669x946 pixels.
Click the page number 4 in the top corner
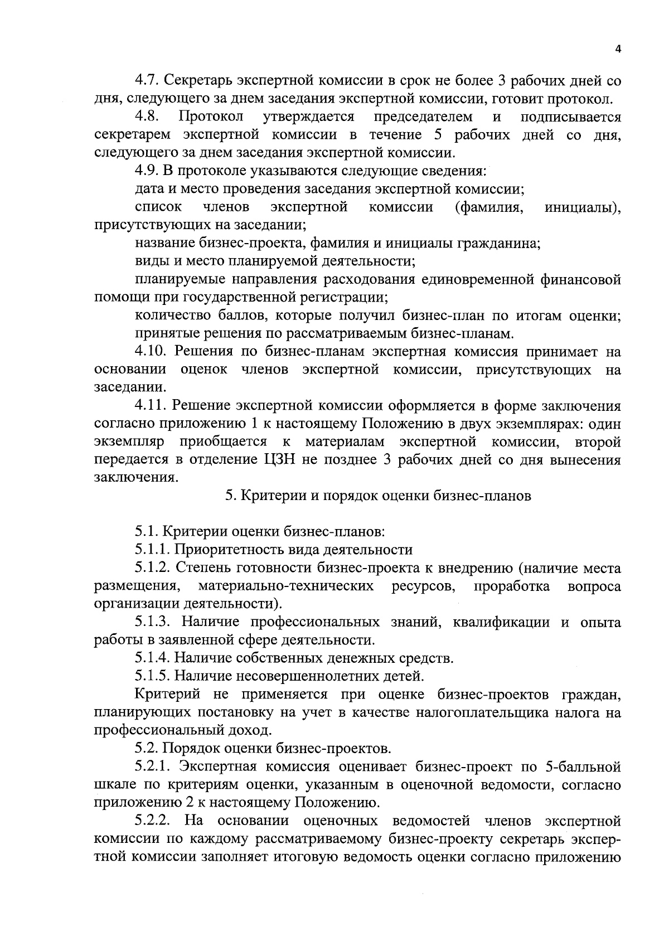pos(617,49)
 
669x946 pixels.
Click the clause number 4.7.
pos(147,81)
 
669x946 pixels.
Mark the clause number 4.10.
pos(151,352)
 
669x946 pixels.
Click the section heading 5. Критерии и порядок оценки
pos(377,496)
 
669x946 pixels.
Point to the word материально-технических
pos(286,586)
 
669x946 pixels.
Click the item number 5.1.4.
pos(152,658)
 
